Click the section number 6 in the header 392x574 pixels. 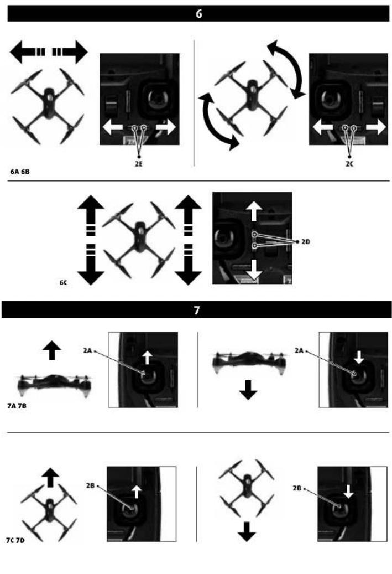[x=198, y=13]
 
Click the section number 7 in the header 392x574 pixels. [x=197, y=311]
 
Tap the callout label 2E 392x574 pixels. [x=139, y=164]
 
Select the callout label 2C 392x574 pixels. [x=349, y=164]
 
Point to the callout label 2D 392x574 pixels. [x=306, y=242]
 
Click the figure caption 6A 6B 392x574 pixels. [x=20, y=172]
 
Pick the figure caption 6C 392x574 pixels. [x=63, y=283]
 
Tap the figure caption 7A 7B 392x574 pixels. [x=17, y=406]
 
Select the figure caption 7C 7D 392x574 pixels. [x=15, y=540]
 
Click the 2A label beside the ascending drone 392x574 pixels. [x=87, y=351]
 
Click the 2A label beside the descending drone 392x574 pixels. [x=299, y=351]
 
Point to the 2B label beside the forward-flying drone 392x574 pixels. [x=90, y=486]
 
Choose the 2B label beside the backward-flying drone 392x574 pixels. [x=297, y=488]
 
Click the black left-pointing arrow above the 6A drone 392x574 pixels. [x=28, y=52]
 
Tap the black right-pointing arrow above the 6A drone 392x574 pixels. [x=70, y=52]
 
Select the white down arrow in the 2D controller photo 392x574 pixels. [x=254, y=270]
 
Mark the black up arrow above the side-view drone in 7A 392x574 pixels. [x=51, y=350]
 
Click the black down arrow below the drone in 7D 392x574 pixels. [x=247, y=532]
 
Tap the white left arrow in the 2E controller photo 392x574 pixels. [x=113, y=127]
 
